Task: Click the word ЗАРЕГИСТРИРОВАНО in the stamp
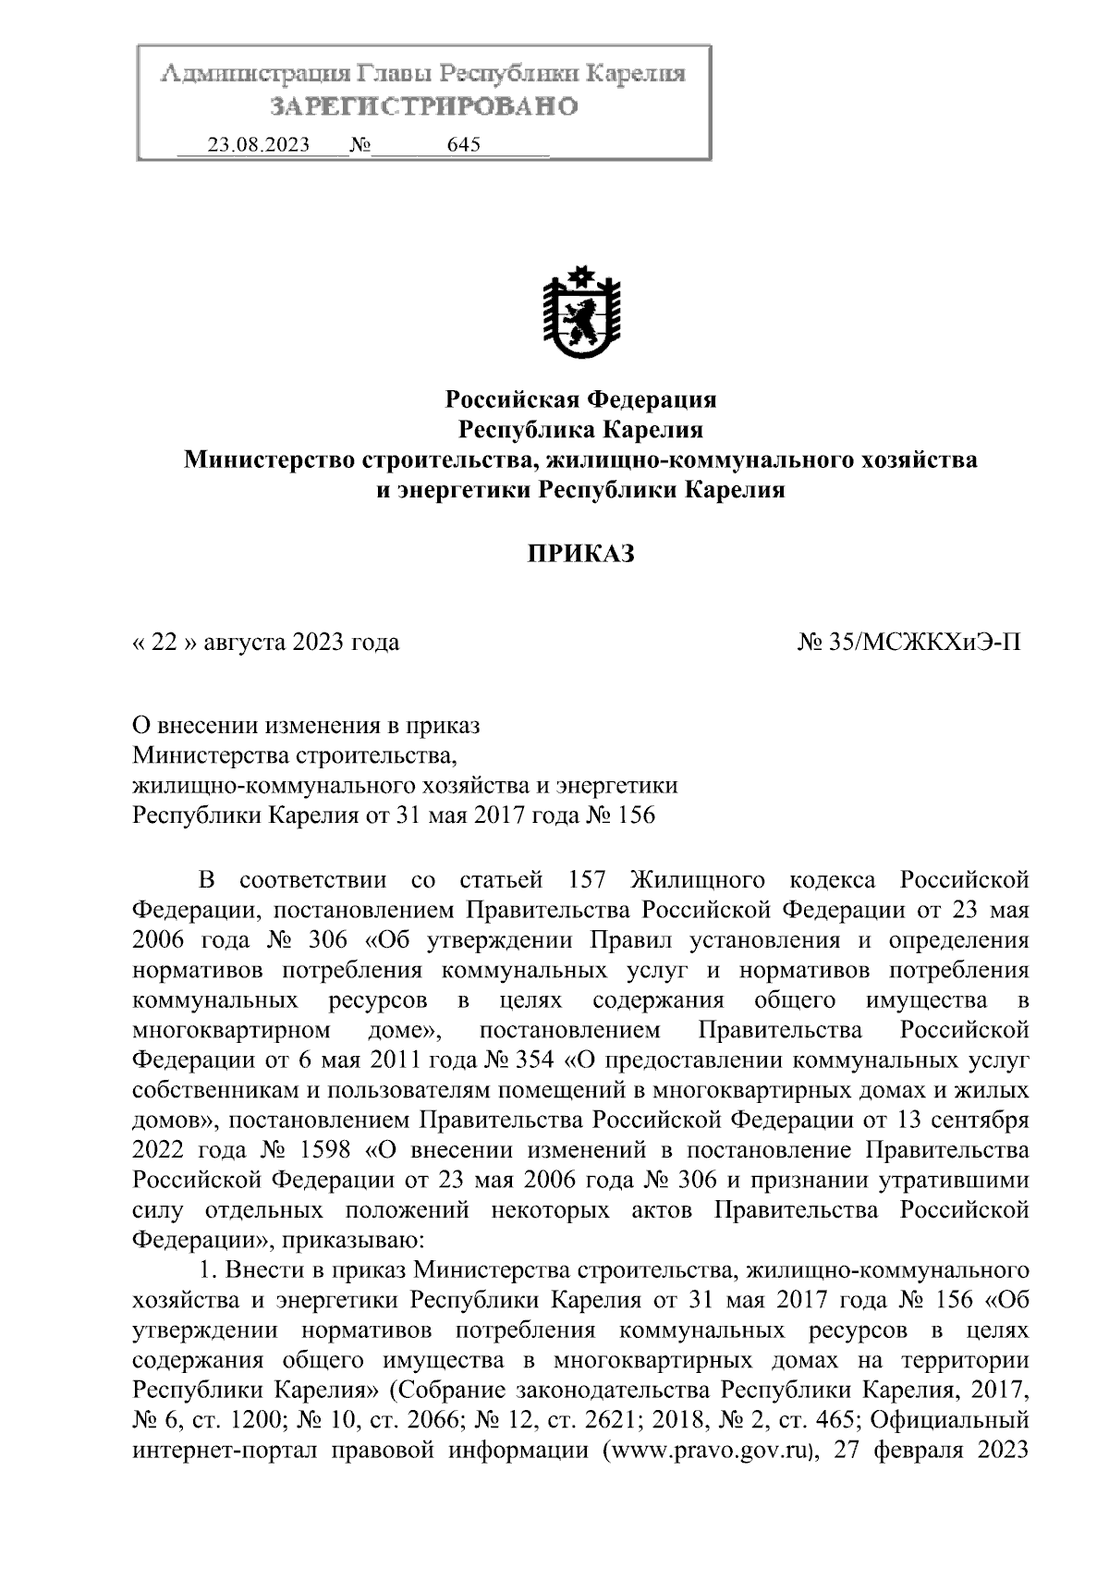coord(424,107)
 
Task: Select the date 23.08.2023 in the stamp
coord(258,145)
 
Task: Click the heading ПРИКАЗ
coord(581,554)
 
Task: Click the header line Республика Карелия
coord(581,429)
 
